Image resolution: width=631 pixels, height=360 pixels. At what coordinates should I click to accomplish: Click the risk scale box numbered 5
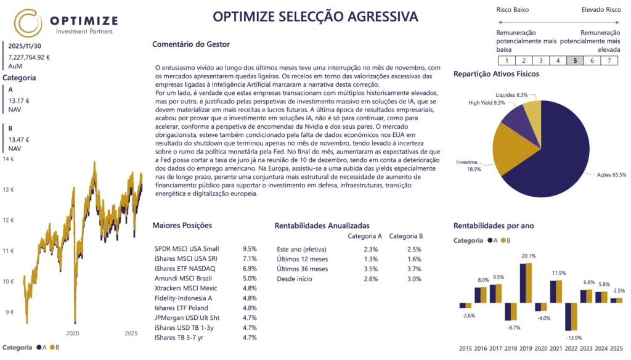[575, 60]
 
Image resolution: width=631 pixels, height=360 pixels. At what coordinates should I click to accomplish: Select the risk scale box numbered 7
[609, 60]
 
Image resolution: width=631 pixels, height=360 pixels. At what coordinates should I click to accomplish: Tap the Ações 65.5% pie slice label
[611, 174]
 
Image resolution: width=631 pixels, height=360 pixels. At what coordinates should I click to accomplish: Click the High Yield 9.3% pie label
[486, 103]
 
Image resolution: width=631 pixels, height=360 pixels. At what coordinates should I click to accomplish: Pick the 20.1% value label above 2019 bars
[528, 256]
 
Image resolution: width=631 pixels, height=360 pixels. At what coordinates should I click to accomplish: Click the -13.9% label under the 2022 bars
[574, 338]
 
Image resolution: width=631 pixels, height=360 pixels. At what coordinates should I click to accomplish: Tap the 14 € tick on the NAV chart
[9, 159]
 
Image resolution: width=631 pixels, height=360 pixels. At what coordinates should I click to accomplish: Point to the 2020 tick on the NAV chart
[73, 333]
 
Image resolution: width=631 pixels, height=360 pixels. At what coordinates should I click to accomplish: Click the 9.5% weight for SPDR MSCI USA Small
[250, 248]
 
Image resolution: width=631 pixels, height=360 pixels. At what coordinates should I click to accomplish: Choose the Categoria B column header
[406, 235]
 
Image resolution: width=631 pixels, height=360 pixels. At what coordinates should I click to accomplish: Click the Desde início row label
[295, 279]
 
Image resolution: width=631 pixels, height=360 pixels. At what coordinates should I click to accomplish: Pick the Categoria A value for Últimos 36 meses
[370, 269]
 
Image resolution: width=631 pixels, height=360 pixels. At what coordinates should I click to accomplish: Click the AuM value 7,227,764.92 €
[29, 57]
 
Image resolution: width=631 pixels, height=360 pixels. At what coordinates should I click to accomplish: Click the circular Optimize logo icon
[28, 23]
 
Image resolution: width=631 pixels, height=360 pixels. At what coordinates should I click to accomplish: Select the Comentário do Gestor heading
[190, 44]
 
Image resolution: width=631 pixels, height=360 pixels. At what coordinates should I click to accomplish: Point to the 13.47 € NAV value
[19, 140]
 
